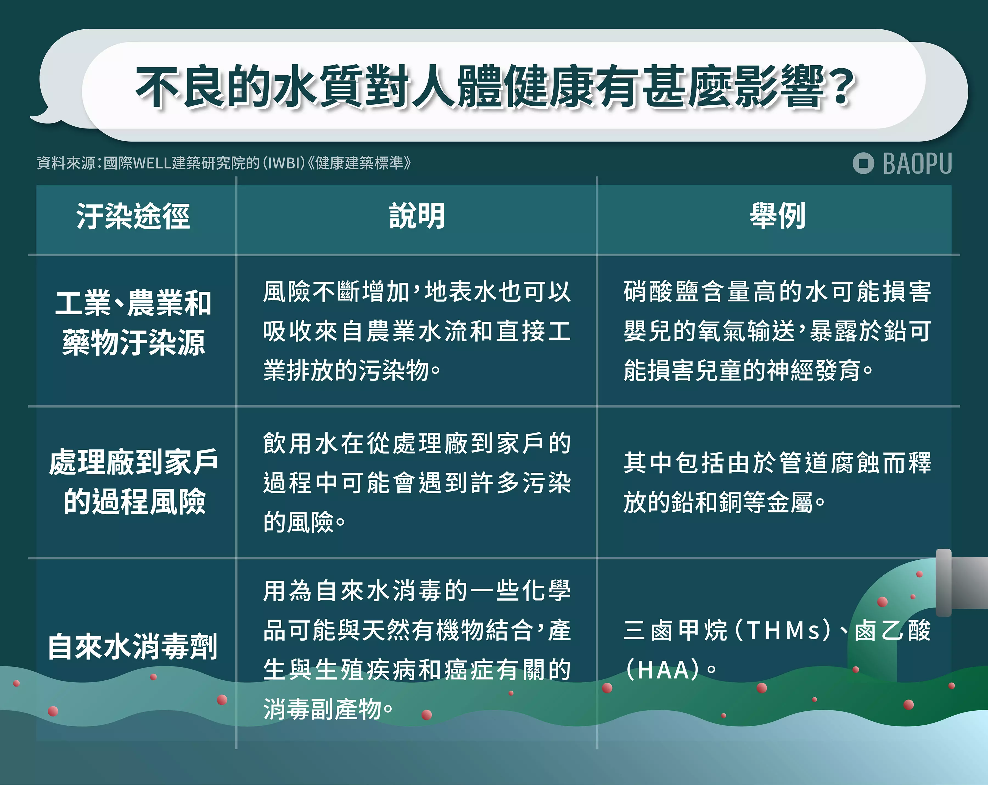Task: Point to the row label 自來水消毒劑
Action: [x=133, y=646]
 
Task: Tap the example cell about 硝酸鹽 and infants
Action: [x=778, y=331]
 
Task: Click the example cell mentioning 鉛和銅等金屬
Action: [x=778, y=482]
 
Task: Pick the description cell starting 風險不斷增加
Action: [x=417, y=331]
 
